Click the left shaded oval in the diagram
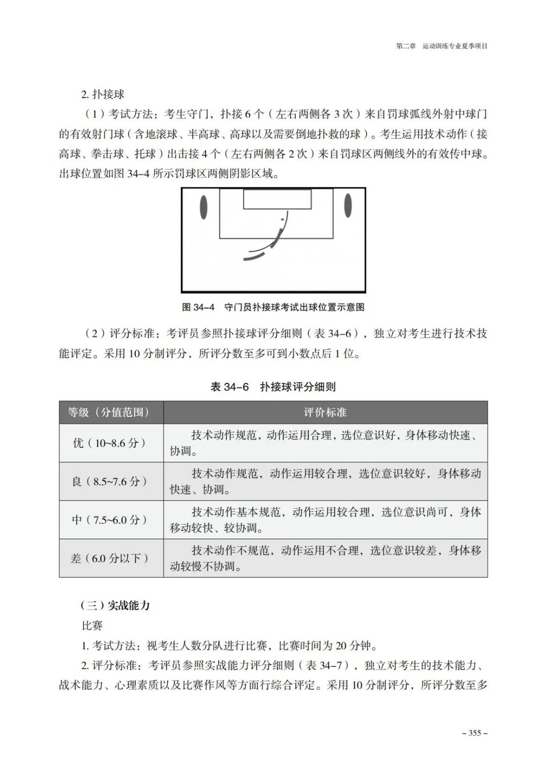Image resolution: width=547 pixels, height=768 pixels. [204, 206]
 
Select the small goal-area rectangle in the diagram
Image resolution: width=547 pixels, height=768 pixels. [277, 199]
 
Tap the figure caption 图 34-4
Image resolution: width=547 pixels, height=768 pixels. [273, 307]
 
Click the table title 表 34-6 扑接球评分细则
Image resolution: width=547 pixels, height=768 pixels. [273, 387]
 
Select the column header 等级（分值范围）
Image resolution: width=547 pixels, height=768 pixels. [111, 412]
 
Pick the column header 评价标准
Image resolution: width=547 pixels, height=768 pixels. [325, 412]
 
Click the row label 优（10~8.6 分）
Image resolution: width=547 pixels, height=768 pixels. [111, 443]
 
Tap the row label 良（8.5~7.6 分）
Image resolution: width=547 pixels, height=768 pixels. [111, 482]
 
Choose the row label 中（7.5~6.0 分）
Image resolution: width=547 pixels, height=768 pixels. [111, 520]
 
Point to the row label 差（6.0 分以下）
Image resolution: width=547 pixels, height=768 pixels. [111, 559]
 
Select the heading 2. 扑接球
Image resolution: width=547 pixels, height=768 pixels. [103, 94]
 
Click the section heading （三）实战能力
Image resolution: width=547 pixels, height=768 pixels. [115, 606]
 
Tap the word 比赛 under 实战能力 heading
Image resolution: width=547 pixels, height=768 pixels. [92, 626]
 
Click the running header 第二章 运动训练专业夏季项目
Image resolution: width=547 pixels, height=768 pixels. [442, 46]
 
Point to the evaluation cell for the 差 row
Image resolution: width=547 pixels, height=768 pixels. [325, 559]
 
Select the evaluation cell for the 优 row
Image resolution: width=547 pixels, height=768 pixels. [325, 443]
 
